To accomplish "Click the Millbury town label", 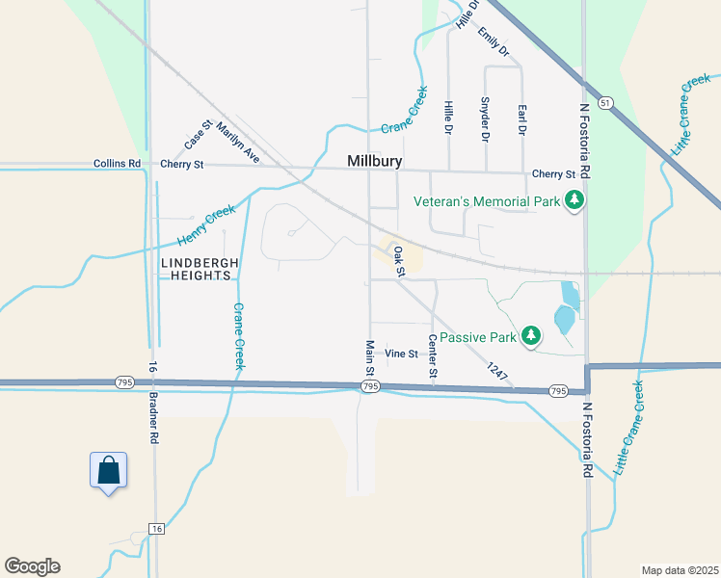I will [x=374, y=161].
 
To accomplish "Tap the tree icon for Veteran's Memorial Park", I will [x=575, y=201].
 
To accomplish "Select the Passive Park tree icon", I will [x=530, y=336].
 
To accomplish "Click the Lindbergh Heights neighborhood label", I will [x=200, y=269].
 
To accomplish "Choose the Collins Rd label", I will [x=118, y=165].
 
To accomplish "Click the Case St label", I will [x=198, y=133].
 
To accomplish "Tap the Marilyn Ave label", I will [x=238, y=142].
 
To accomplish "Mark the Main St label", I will [x=369, y=358].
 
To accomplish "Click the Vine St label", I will [x=401, y=354].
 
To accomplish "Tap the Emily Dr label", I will [x=493, y=40].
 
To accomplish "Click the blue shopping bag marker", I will [x=109, y=470].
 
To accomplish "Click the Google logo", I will [x=32, y=566].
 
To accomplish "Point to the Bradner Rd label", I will [x=153, y=402].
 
